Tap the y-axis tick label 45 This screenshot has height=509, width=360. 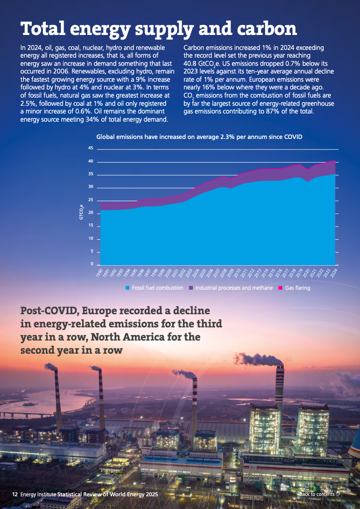pos(90,148)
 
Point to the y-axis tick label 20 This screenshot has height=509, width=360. pos(90,213)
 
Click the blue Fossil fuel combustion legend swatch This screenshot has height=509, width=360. pos(128,288)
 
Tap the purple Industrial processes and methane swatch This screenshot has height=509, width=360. pos(192,288)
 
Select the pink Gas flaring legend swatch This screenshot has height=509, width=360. pos(280,288)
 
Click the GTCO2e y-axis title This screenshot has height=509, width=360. pos(82,212)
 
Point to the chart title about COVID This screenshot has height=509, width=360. pos(199,136)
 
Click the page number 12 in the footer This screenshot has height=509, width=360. pos(15,494)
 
